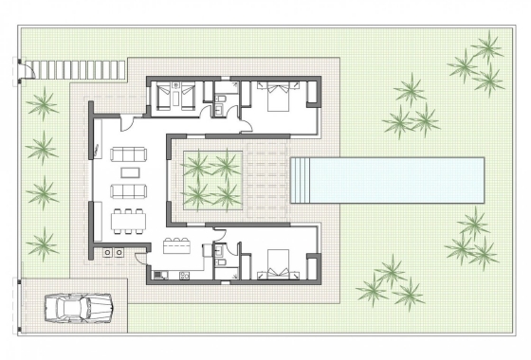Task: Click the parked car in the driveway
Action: pos(79,307)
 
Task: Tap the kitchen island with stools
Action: pos(179,250)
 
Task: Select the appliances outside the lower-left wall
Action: pos(113,253)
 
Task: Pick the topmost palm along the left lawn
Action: pos(42,103)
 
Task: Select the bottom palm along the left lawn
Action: pos(42,244)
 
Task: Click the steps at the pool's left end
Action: pos(302,179)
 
